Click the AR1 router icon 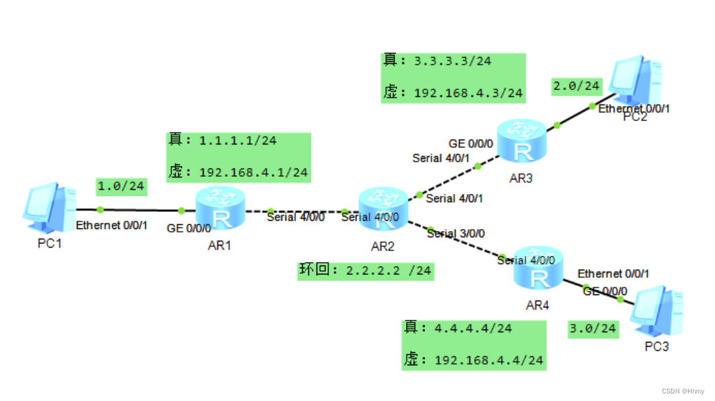[x=220, y=208]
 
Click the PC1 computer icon [x=49, y=206]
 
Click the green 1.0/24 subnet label [x=121, y=186]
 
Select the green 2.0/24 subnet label [x=576, y=87]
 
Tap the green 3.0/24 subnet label [x=592, y=329]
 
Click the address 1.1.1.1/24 [x=237, y=140]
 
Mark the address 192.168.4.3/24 [x=469, y=93]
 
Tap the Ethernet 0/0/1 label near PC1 [x=111, y=225]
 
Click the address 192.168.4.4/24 [x=489, y=360]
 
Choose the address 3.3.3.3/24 [x=452, y=61]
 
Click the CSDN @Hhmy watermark [x=684, y=391]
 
